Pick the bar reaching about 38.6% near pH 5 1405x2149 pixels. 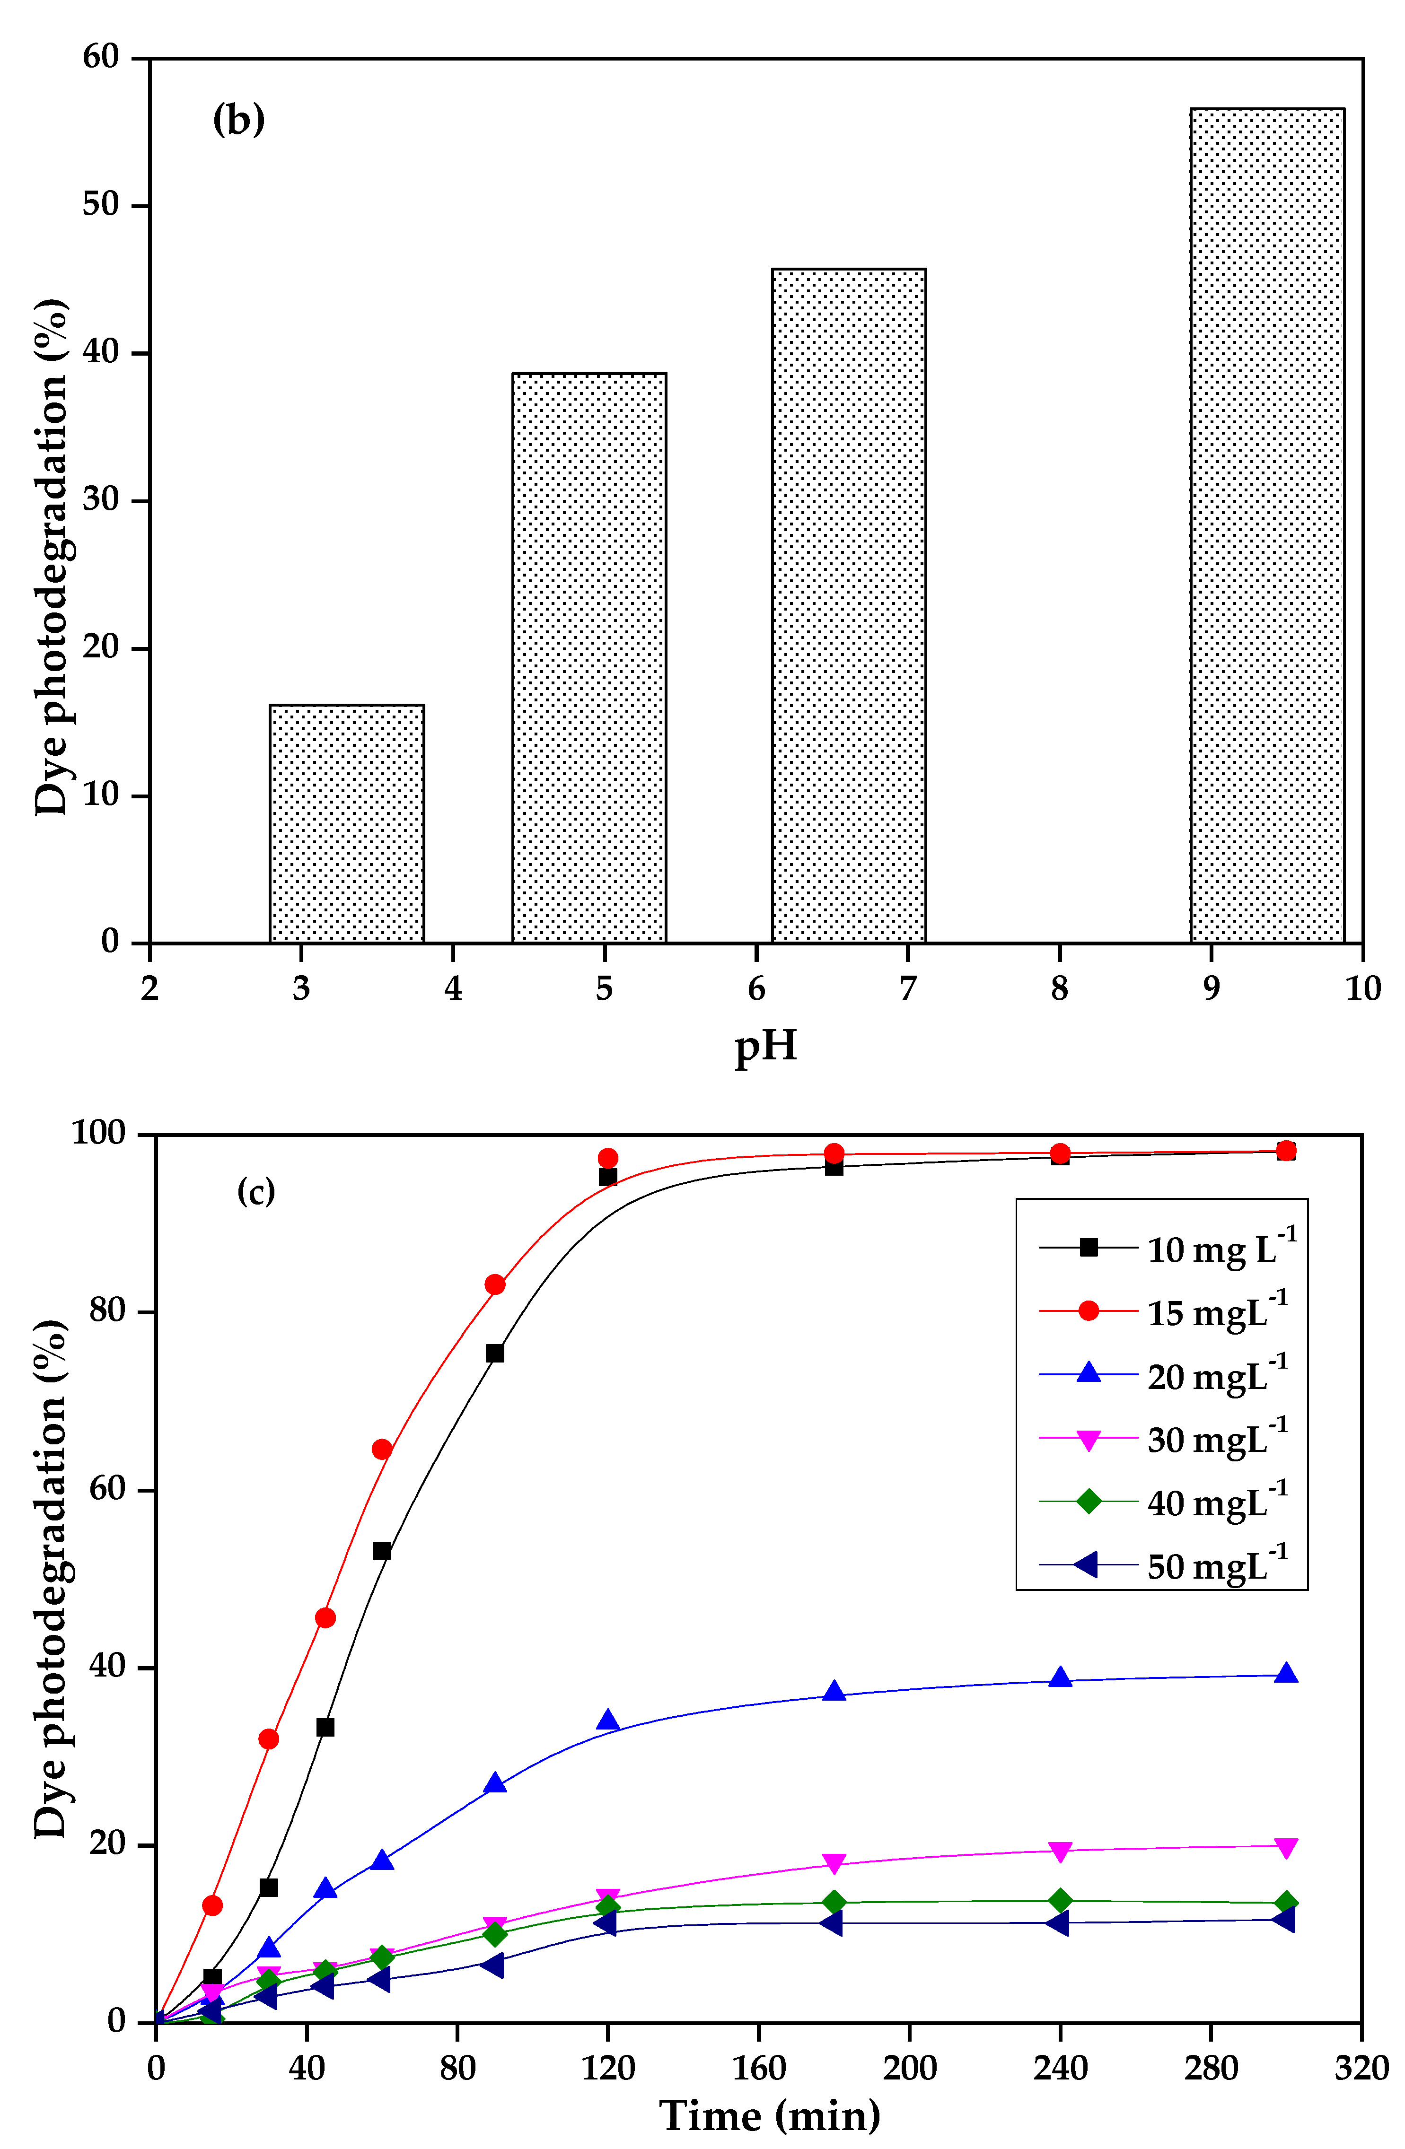[x=588, y=657]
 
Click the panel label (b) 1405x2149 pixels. [x=238, y=119]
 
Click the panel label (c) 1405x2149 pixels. [x=255, y=1192]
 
